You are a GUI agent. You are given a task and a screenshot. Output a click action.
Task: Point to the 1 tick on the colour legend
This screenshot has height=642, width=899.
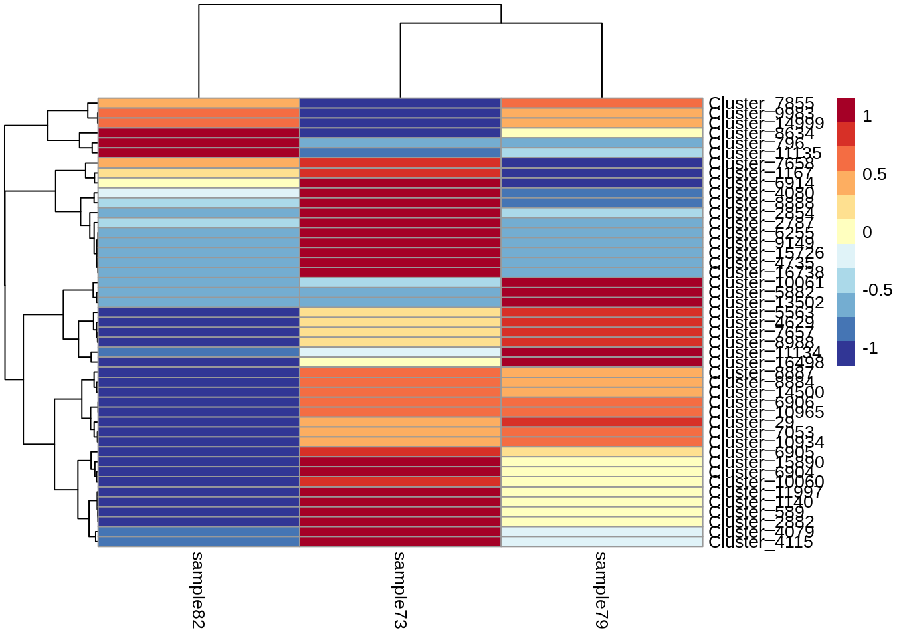867,116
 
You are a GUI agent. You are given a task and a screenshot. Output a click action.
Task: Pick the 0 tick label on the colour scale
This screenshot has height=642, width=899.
867,233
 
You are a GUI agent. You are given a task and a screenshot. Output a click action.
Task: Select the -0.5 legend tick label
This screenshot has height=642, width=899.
877,290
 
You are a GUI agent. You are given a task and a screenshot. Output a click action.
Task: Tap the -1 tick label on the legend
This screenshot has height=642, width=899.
870,348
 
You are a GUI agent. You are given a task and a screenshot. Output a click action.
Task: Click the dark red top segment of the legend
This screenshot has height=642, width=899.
845,110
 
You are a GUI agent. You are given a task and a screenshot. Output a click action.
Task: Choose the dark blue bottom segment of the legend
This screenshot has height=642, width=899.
845,353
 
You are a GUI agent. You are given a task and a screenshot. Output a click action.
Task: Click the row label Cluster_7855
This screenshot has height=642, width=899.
761,103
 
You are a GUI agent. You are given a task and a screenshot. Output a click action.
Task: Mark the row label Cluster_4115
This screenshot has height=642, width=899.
761,542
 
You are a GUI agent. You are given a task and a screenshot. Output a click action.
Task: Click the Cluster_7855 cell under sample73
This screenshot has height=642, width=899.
400,103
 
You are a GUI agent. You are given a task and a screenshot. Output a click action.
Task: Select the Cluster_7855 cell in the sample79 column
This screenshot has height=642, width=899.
601,103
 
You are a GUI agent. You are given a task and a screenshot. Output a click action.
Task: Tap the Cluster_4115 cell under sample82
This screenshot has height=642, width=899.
199,542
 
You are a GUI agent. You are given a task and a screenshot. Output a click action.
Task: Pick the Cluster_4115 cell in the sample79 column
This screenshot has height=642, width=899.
601,542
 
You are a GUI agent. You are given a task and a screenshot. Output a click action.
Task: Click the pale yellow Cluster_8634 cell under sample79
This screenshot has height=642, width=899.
601,133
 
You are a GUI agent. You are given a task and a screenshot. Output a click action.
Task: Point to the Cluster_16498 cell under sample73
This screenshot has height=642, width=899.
400,362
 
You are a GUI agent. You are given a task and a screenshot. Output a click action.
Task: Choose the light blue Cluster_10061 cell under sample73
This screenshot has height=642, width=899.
400,282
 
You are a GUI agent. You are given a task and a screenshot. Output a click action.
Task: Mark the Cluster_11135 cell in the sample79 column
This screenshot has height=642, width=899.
601,152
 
